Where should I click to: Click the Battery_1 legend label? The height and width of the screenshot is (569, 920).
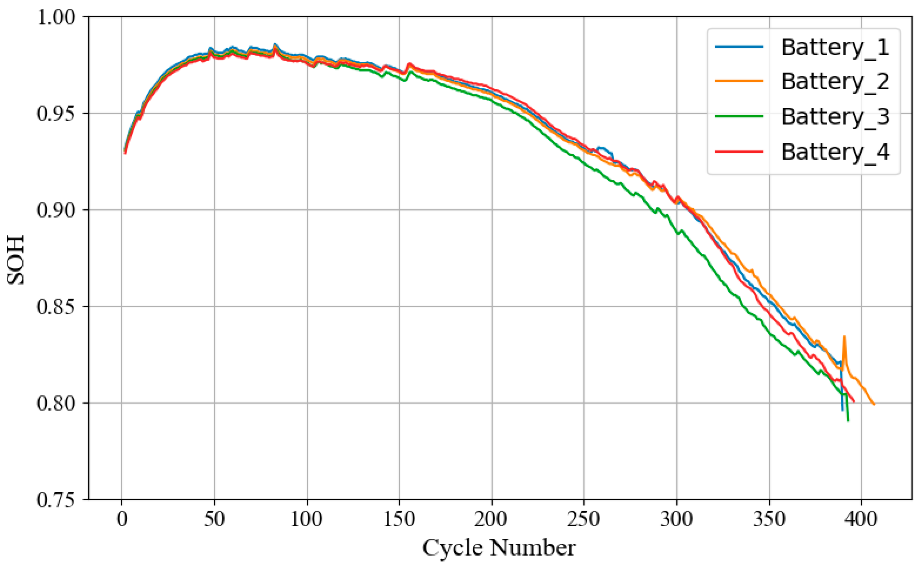(835, 48)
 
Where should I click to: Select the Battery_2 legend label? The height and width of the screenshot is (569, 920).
(835, 82)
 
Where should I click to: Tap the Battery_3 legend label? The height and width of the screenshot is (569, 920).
(835, 117)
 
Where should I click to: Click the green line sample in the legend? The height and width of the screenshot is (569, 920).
(739, 116)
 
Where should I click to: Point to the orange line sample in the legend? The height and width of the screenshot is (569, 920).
(739, 81)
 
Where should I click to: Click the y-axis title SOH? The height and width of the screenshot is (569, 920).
(16, 260)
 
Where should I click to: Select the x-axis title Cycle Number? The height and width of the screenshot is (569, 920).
(499, 548)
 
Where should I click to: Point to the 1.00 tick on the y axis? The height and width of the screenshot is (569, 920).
(56, 17)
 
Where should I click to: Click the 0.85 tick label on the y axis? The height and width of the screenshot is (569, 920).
(56, 307)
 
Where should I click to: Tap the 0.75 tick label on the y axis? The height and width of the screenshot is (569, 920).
(56, 500)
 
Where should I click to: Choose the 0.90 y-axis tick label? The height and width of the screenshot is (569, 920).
(56, 210)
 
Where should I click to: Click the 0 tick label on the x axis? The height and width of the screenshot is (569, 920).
(122, 520)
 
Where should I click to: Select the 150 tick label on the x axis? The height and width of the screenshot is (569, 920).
(399, 520)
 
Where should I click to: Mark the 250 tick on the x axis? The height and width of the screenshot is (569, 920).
(584, 520)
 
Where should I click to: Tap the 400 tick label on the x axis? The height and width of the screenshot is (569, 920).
(861, 520)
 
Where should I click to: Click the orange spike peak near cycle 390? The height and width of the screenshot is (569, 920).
(844, 337)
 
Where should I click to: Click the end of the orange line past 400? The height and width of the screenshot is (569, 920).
(874, 404)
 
